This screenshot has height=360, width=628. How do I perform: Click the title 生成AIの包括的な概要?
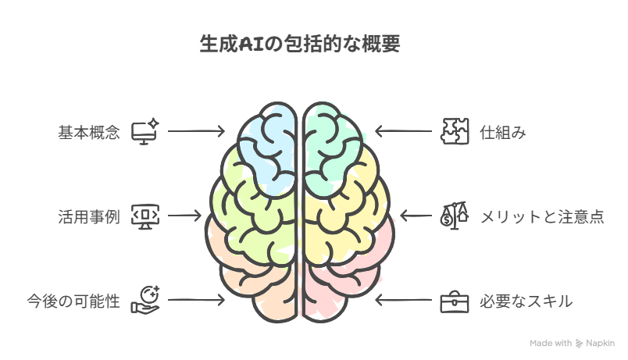coord(300,44)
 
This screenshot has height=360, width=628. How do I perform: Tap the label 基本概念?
coord(89,132)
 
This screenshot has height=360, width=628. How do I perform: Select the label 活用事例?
coord(89,216)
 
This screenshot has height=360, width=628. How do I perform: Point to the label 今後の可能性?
coord(73,301)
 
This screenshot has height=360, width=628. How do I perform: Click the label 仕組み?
coord(503,132)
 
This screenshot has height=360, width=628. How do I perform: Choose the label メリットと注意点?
coord(542,216)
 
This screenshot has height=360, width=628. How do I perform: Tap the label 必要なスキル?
coord(526,301)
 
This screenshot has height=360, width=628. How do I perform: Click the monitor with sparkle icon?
coord(145,131)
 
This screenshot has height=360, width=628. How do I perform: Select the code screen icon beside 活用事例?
coord(145,216)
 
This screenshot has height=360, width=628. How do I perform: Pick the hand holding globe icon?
coord(145,301)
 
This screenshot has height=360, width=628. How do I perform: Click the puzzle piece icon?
coord(455,131)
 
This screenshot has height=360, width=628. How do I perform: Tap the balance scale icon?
coord(455,216)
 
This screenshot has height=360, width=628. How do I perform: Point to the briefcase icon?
coord(455,301)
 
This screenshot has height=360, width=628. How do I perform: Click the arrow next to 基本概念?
coord(196,131)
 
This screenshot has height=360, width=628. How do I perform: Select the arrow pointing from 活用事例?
coord(184,216)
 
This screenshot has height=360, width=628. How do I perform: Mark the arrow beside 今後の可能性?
coord(196,300)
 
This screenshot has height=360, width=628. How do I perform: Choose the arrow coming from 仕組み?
coord(403,131)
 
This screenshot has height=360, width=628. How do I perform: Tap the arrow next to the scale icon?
coord(416,216)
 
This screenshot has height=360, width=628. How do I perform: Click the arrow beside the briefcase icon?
coord(403,300)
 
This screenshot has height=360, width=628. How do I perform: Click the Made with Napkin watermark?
coord(572,343)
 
